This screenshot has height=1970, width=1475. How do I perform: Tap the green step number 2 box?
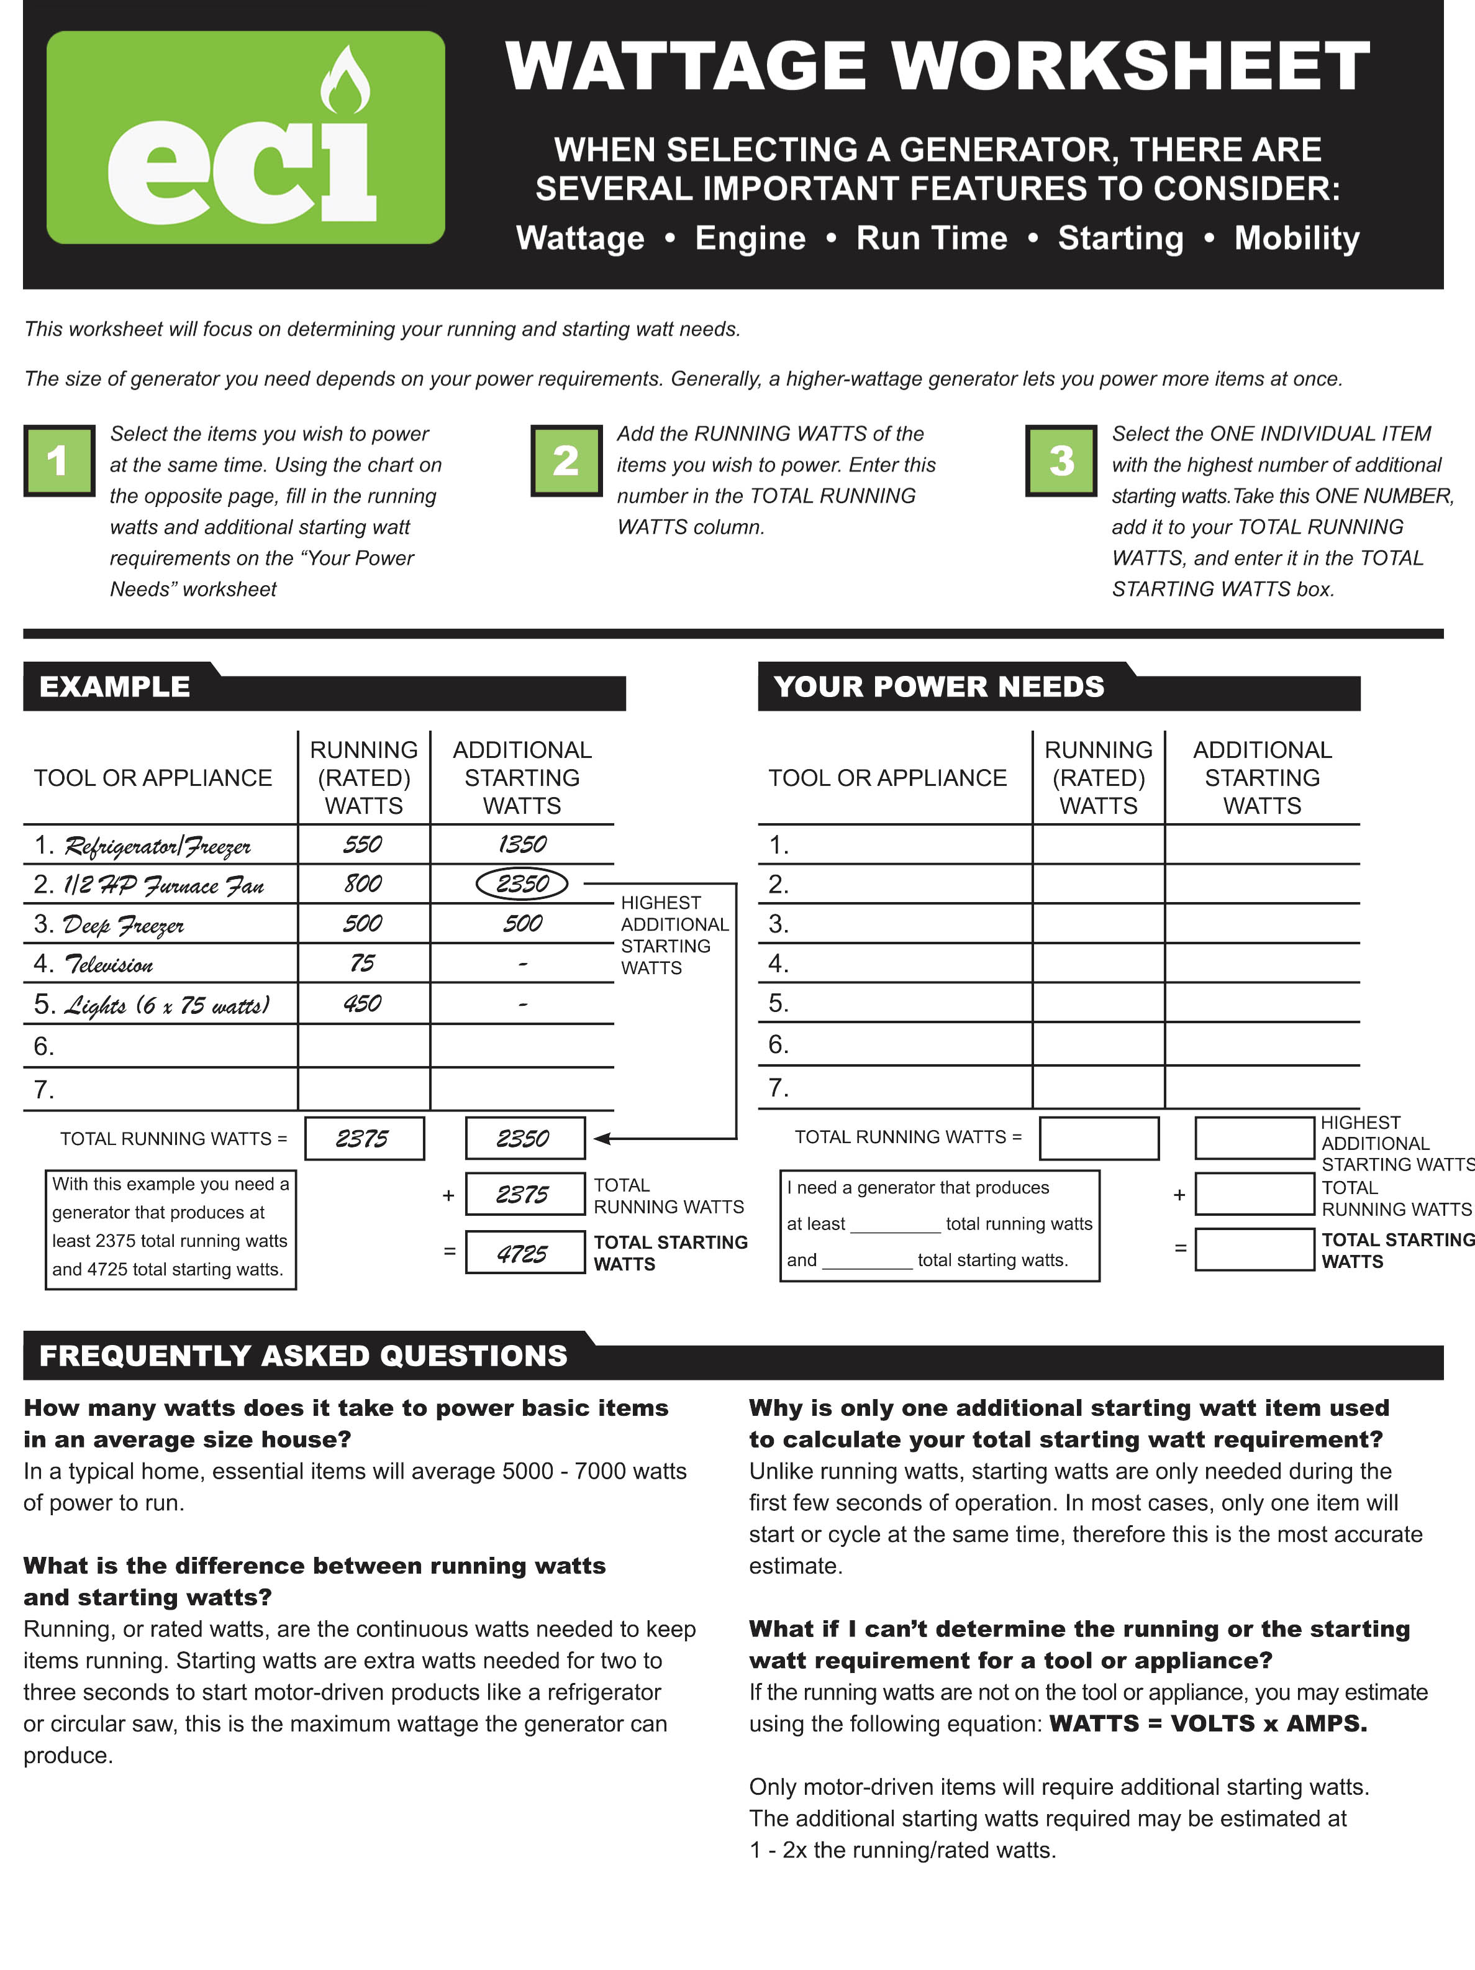tap(566, 460)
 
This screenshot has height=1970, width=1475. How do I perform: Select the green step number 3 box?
tap(1061, 460)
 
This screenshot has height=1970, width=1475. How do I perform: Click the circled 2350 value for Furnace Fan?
tap(522, 883)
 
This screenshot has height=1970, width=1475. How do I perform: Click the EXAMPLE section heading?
tap(115, 686)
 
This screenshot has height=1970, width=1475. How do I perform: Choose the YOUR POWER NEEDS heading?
tap(938, 686)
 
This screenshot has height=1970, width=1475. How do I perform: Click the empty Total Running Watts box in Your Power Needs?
tap(1099, 1138)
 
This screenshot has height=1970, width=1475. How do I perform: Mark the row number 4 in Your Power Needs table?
tap(778, 964)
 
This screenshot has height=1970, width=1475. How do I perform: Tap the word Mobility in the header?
tap(1296, 239)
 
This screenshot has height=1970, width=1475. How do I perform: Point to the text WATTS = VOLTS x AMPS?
tap(1208, 1723)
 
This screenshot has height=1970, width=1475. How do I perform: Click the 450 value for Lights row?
tap(362, 1004)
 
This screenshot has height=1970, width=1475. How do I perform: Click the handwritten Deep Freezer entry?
tap(124, 925)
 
